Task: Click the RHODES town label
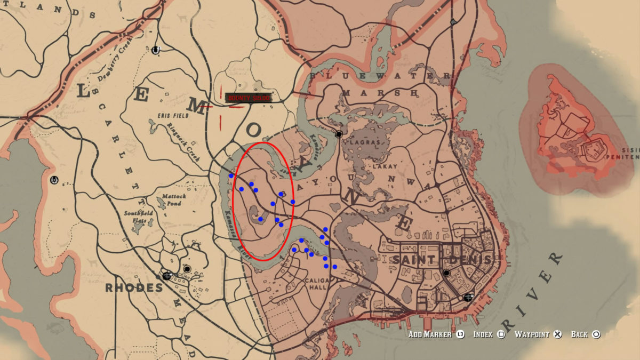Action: pyautogui.click(x=134, y=288)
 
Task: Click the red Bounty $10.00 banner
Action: pyautogui.click(x=249, y=98)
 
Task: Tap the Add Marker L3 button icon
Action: pyautogui.click(x=460, y=334)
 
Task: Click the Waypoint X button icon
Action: pyautogui.click(x=557, y=334)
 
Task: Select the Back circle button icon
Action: pyautogui.click(x=596, y=334)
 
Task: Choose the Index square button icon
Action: pyautogui.click(x=501, y=334)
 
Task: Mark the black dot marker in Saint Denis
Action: pyautogui.click(x=446, y=273)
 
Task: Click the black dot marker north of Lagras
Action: pyautogui.click(x=338, y=134)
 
